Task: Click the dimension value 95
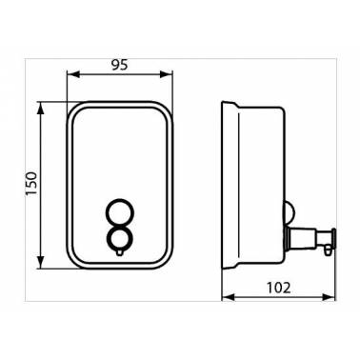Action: pos(119,65)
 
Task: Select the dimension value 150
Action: pos(31,184)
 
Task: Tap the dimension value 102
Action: pos(278,288)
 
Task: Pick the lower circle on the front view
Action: pos(119,239)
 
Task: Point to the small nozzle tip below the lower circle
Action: pos(119,252)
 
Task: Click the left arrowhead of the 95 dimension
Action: pos(73,74)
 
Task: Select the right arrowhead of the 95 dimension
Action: pos(167,74)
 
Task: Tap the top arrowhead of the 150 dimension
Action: pos(40,109)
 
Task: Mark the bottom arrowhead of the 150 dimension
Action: pos(40,263)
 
